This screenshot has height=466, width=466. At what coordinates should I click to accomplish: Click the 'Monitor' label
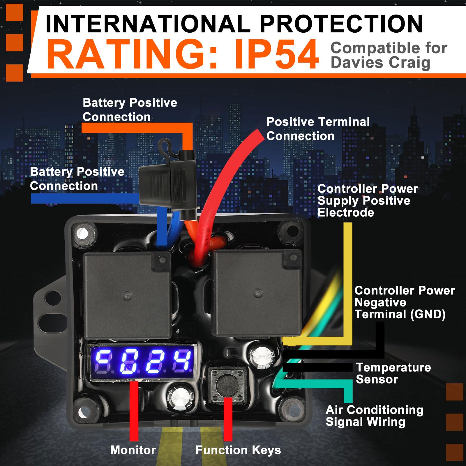(x=133, y=450)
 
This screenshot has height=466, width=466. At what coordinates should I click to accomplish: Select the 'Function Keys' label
(x=238, y=450)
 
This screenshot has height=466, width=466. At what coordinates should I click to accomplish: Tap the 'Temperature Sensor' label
(x=393, y=373)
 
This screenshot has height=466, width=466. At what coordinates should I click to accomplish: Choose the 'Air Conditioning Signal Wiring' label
(x=374, y=416)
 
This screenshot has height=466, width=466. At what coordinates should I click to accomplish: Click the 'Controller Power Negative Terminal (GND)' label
(x=404, y=302)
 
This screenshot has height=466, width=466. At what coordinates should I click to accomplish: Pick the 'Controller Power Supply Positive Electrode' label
(x=368, y=200)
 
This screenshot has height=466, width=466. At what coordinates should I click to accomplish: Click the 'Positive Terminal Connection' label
(x=318, y=129)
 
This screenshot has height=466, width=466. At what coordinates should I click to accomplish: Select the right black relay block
(x=257, y=293)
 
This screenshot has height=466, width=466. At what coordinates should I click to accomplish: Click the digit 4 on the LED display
(x=182, y=362)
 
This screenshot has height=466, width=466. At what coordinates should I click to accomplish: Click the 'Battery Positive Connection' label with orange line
(x=130, y=110)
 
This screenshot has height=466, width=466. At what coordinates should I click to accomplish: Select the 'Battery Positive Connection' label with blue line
(x=77, y=179)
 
